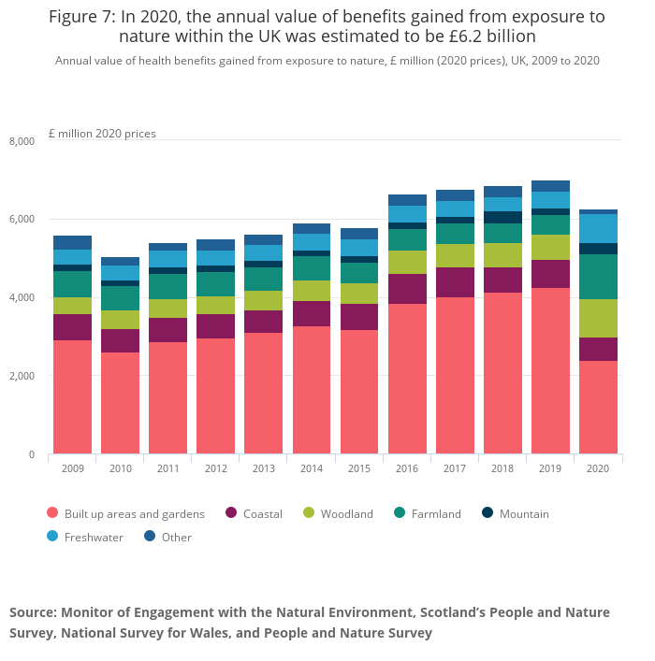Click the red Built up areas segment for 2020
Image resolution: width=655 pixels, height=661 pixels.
(598, 407)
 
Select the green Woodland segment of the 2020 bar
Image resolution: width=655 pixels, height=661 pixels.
(598, 318)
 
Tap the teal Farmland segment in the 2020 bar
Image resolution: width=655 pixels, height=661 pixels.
(598, 277)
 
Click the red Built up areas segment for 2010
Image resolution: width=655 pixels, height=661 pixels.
(120, 403)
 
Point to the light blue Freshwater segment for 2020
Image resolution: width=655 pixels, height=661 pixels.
(598, 228)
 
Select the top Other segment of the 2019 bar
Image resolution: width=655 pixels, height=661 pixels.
(550, 186)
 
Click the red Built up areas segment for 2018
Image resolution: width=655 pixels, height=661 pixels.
(502, 373)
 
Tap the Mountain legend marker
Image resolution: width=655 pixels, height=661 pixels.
(487, 513)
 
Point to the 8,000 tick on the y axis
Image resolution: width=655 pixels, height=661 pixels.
(22, 141)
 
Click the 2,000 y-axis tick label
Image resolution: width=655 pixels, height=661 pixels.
(22, 376)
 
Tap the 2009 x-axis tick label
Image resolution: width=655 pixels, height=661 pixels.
(72, 468)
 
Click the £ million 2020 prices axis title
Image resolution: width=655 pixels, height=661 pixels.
(102, 134)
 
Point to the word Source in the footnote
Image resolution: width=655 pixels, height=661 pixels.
(32, 612)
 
